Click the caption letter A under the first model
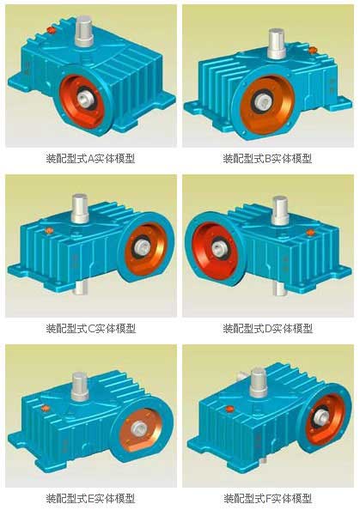[91, 159]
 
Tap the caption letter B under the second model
[268, 159]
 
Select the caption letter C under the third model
[91, 329]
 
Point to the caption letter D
[268, 329]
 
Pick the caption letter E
[91, 499]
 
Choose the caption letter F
[268, 499]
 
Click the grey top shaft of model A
[84, 31]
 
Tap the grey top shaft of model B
[277, 44]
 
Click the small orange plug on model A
[51, 30]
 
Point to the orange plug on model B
[313, 50]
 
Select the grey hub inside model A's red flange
[85, 97]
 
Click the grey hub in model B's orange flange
[265, 101]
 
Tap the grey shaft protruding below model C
[79, 288]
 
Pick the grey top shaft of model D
[279, 210]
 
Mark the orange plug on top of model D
[310, 233]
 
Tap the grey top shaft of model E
[80, 386]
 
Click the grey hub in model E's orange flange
[139, 429]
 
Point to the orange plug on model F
[229, 409]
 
